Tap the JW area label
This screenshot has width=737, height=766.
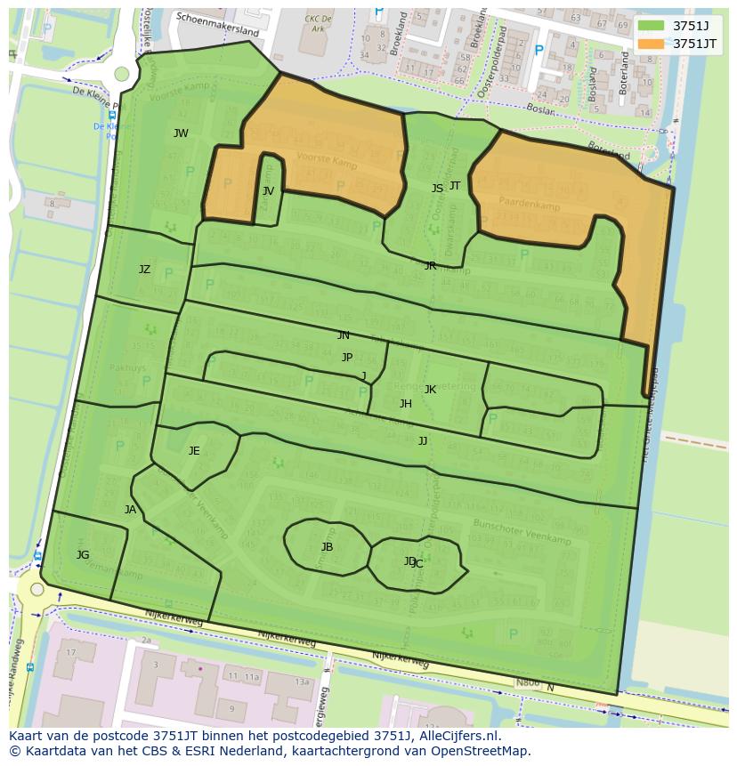tap(181, 133)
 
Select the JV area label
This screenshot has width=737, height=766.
tap(268, 191)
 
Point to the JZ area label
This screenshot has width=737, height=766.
tap(144, 270)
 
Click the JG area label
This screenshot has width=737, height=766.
tap(83, 555)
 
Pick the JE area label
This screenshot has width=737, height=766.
tap(194, 451)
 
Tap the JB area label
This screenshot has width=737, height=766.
tap(327, 547)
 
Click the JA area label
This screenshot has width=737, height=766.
tap(130, 510)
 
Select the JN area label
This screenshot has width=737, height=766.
tap(343, 335)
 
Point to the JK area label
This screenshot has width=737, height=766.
tap(430, 390)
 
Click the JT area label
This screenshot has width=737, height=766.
tap(455, 186)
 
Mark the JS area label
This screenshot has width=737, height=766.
tap(437, 189)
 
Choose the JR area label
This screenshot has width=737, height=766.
tap(430, 266)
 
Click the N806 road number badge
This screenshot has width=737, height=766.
tap(528, 683)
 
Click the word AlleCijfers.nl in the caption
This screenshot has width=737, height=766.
tap(449, 736)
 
